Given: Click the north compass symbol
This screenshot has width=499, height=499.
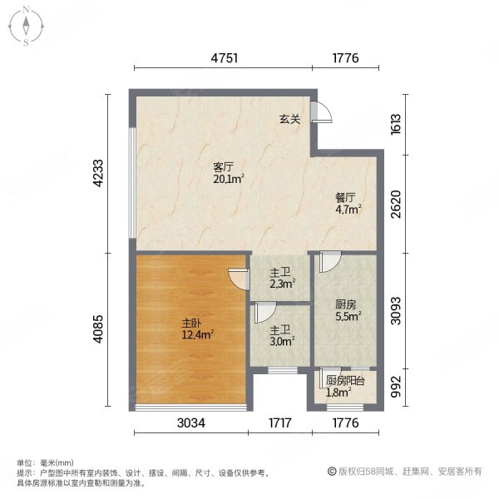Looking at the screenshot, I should [27, 26].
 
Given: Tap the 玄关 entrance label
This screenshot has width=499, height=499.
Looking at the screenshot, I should [289, 120].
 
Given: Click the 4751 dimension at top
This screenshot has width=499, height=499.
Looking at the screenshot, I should [225, 58].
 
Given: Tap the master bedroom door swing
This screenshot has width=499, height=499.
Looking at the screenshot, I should [239, 278].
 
